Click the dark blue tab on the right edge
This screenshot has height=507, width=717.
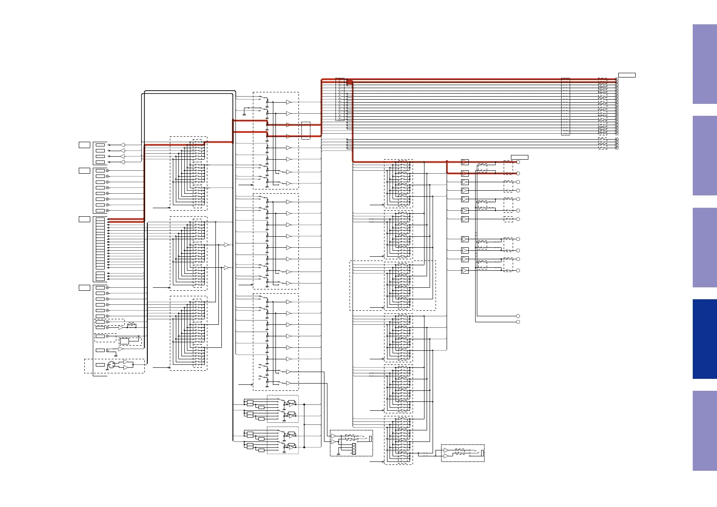point(704,339)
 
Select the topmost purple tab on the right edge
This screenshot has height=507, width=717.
point(704,64)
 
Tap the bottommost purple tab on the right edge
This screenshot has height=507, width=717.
point(704,430)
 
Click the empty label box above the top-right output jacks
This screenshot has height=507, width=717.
point(627,75)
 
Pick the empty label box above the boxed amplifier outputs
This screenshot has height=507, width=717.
point(519,158)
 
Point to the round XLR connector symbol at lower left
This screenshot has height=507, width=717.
point(112,365)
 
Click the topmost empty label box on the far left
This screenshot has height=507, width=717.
point(84,145)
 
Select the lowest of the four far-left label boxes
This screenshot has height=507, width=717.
point(84,288)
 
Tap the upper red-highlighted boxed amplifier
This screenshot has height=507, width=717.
point(465,162)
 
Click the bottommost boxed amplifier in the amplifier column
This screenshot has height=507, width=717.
point(465,270)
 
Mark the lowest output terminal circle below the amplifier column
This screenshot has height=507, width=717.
point(518,322)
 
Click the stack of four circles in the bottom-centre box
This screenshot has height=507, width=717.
point(354,449)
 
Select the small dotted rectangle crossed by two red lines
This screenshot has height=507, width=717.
point(306,131)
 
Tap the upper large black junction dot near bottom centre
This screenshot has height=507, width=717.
point(304,404)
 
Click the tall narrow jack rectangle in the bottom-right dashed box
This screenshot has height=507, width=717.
point(482,453)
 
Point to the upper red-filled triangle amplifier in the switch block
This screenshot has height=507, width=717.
point(288,125)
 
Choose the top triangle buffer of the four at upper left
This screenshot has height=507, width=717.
point(123,145)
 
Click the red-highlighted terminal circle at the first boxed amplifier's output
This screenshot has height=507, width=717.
point(518,162)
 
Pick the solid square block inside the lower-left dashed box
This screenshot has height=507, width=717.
point(124,341)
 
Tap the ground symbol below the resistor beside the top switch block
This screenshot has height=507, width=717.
point(244,114)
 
